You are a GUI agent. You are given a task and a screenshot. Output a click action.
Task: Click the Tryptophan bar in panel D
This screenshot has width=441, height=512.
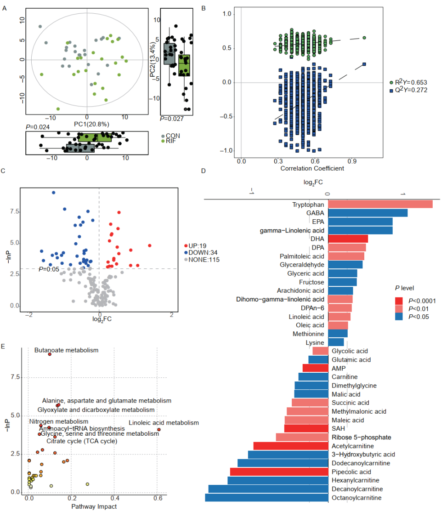(380, 205)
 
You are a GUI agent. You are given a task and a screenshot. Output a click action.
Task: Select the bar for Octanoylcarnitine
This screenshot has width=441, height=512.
(266, 498)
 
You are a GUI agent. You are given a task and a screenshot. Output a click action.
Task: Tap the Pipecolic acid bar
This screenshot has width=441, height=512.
(279, 472)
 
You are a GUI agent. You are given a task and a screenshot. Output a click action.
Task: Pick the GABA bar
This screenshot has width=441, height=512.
(367, 213)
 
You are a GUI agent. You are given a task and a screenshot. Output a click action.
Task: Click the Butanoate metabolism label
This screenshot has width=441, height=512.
(67, 350)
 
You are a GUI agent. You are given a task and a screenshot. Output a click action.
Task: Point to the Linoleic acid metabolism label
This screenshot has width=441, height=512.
(164, 423)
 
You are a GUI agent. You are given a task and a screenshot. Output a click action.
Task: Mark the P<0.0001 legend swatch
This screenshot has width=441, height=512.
(400, 301)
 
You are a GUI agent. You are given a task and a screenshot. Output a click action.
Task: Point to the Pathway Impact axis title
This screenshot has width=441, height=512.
(94, 506)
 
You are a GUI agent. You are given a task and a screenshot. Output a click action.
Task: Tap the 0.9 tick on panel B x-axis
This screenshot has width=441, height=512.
(352, 161)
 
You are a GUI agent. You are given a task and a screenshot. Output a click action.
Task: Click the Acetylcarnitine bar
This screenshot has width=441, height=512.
(291, 446)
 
